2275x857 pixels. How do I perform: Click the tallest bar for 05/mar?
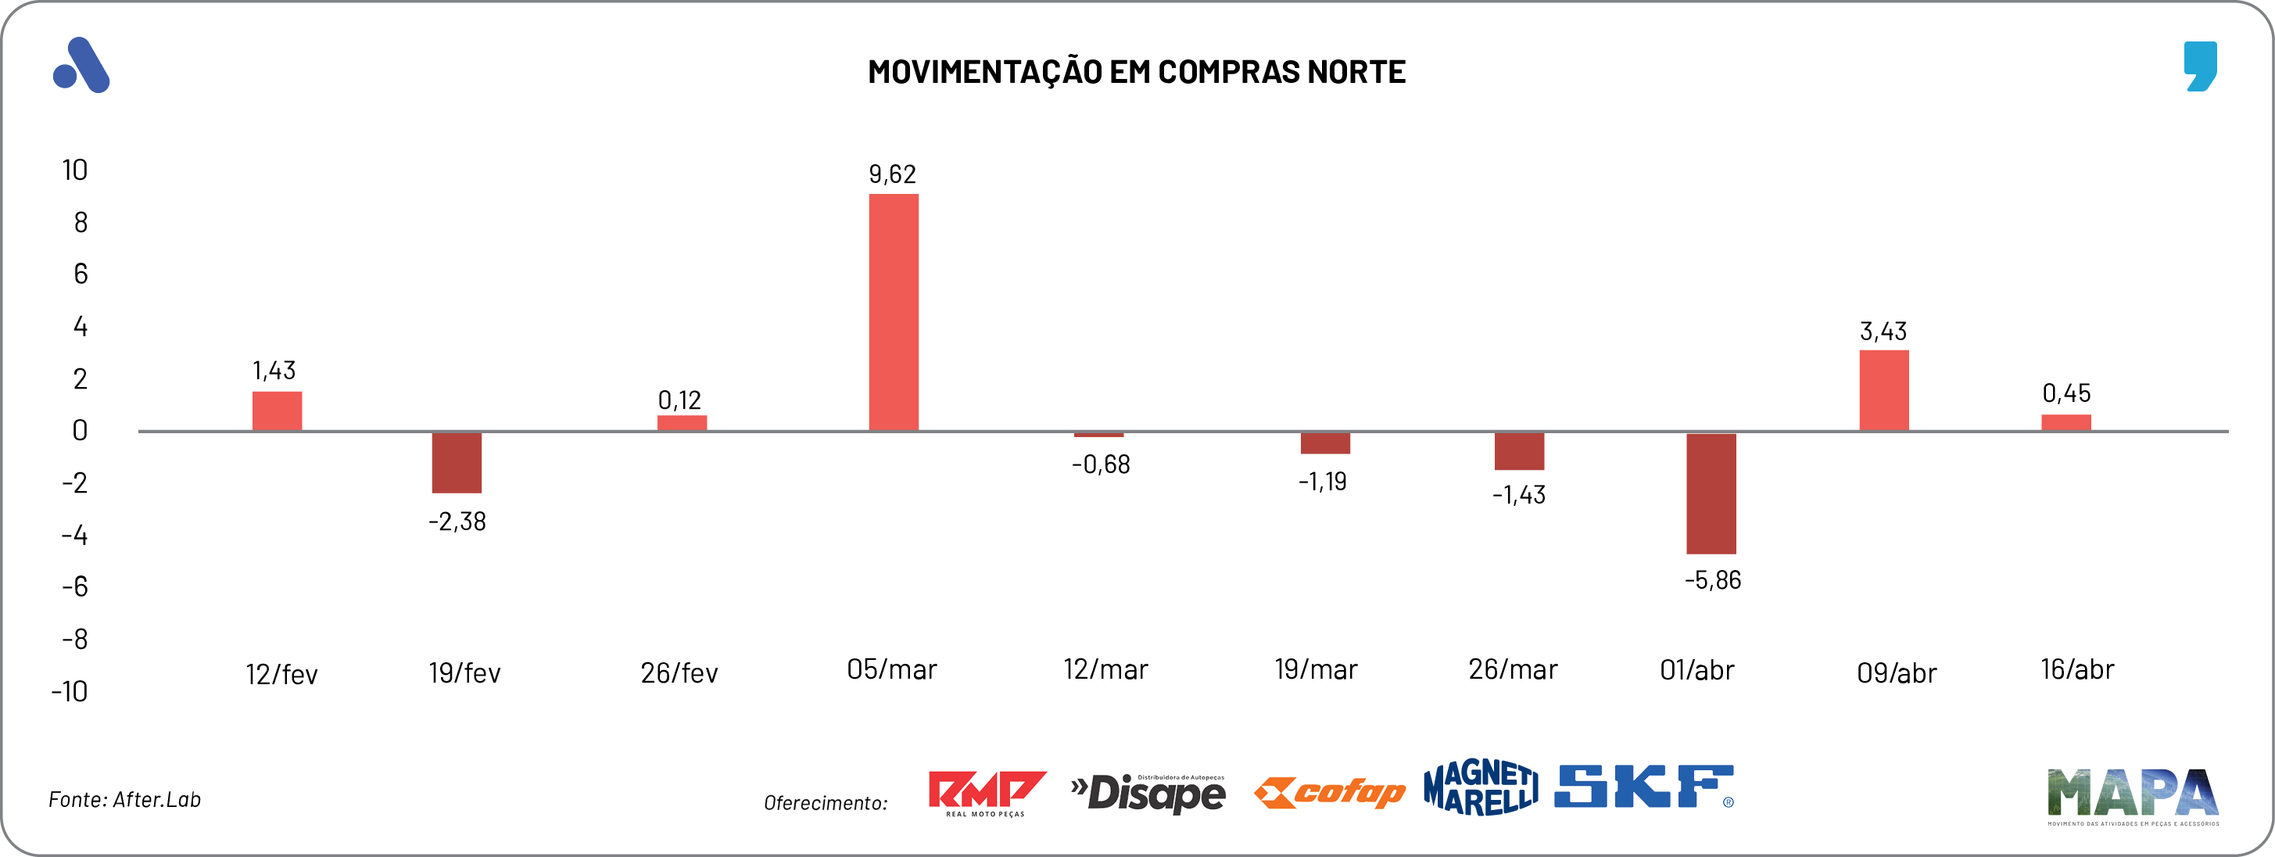click(x=893, y=312)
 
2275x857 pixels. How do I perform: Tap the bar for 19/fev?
click(x=457, y=462)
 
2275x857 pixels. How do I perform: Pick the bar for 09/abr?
click(x=1884, y=390)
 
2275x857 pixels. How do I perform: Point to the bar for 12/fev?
click(x=278, y=411)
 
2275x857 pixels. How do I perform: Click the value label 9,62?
click(x=892, y=174)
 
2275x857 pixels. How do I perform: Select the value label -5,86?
click(x=1711, y=580)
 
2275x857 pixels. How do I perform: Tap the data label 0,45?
click(x=2065, y=393)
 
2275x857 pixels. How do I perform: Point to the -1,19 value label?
click(x=1321, y=482)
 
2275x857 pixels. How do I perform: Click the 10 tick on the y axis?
click(x=75, y=170)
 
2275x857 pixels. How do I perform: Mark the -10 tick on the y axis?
click(x=70, y=691)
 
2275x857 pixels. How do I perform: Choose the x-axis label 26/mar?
click(x=1512, y=669)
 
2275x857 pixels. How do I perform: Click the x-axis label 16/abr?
click(x=2076, y=669)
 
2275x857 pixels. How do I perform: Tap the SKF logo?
click(x=1643, y=787)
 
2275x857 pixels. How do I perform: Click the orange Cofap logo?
click(x=1329, y=793)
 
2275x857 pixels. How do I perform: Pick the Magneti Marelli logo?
click(x=1480, y=787)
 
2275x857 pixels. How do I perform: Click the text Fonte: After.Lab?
click(x=124, y=800)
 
